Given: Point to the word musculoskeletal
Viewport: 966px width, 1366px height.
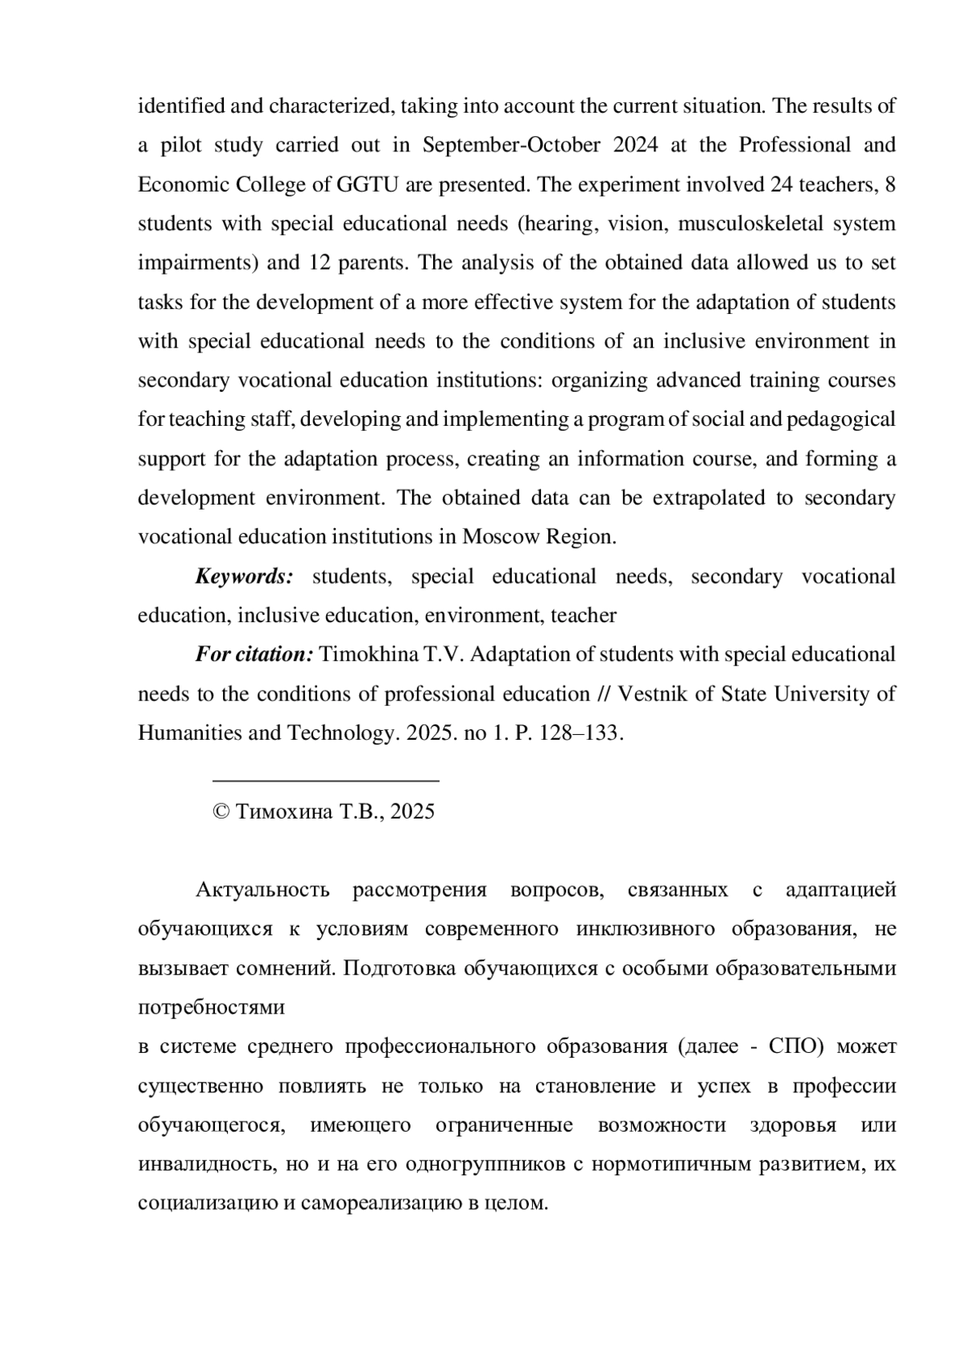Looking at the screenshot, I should (751, 223).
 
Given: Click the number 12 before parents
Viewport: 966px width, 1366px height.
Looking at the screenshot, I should (320, 262).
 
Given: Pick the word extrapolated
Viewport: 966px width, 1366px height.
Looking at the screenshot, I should (708, 497).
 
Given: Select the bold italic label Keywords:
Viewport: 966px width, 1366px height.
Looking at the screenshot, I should (244, 576).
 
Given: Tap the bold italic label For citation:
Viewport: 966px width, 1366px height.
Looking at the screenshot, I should (254, 654).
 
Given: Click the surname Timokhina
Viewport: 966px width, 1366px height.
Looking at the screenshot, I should (370, 654).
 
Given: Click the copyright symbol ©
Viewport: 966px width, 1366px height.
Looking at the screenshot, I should (221, 811).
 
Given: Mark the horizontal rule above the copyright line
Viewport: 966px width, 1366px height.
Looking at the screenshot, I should (325, 780).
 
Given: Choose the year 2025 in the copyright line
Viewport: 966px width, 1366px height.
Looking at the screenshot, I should (412, 811).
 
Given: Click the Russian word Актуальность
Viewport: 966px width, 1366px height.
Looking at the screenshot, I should (262, 889).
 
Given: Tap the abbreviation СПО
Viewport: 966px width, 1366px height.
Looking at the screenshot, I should (795, 1046).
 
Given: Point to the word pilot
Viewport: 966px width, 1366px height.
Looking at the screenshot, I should (184, 145).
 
